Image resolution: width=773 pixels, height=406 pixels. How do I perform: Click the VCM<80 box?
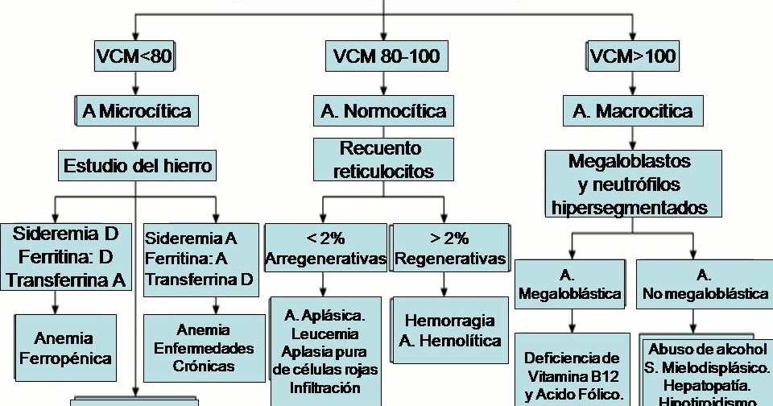point(134,57)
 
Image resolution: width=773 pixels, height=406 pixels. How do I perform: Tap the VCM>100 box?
point(632,57)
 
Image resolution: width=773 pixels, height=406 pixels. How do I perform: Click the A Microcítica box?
point(136,110)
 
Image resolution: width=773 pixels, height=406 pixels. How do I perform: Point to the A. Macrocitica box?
point(632,110)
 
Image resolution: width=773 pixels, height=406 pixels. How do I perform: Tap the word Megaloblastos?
point(630,161)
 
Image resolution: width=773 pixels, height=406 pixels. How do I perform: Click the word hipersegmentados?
point(630,207)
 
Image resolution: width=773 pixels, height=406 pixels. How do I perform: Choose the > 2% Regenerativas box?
point(450,249)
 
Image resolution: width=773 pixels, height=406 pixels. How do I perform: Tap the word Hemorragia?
point(450,321)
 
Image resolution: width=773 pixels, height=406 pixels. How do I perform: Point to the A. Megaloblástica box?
point(569,284)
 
